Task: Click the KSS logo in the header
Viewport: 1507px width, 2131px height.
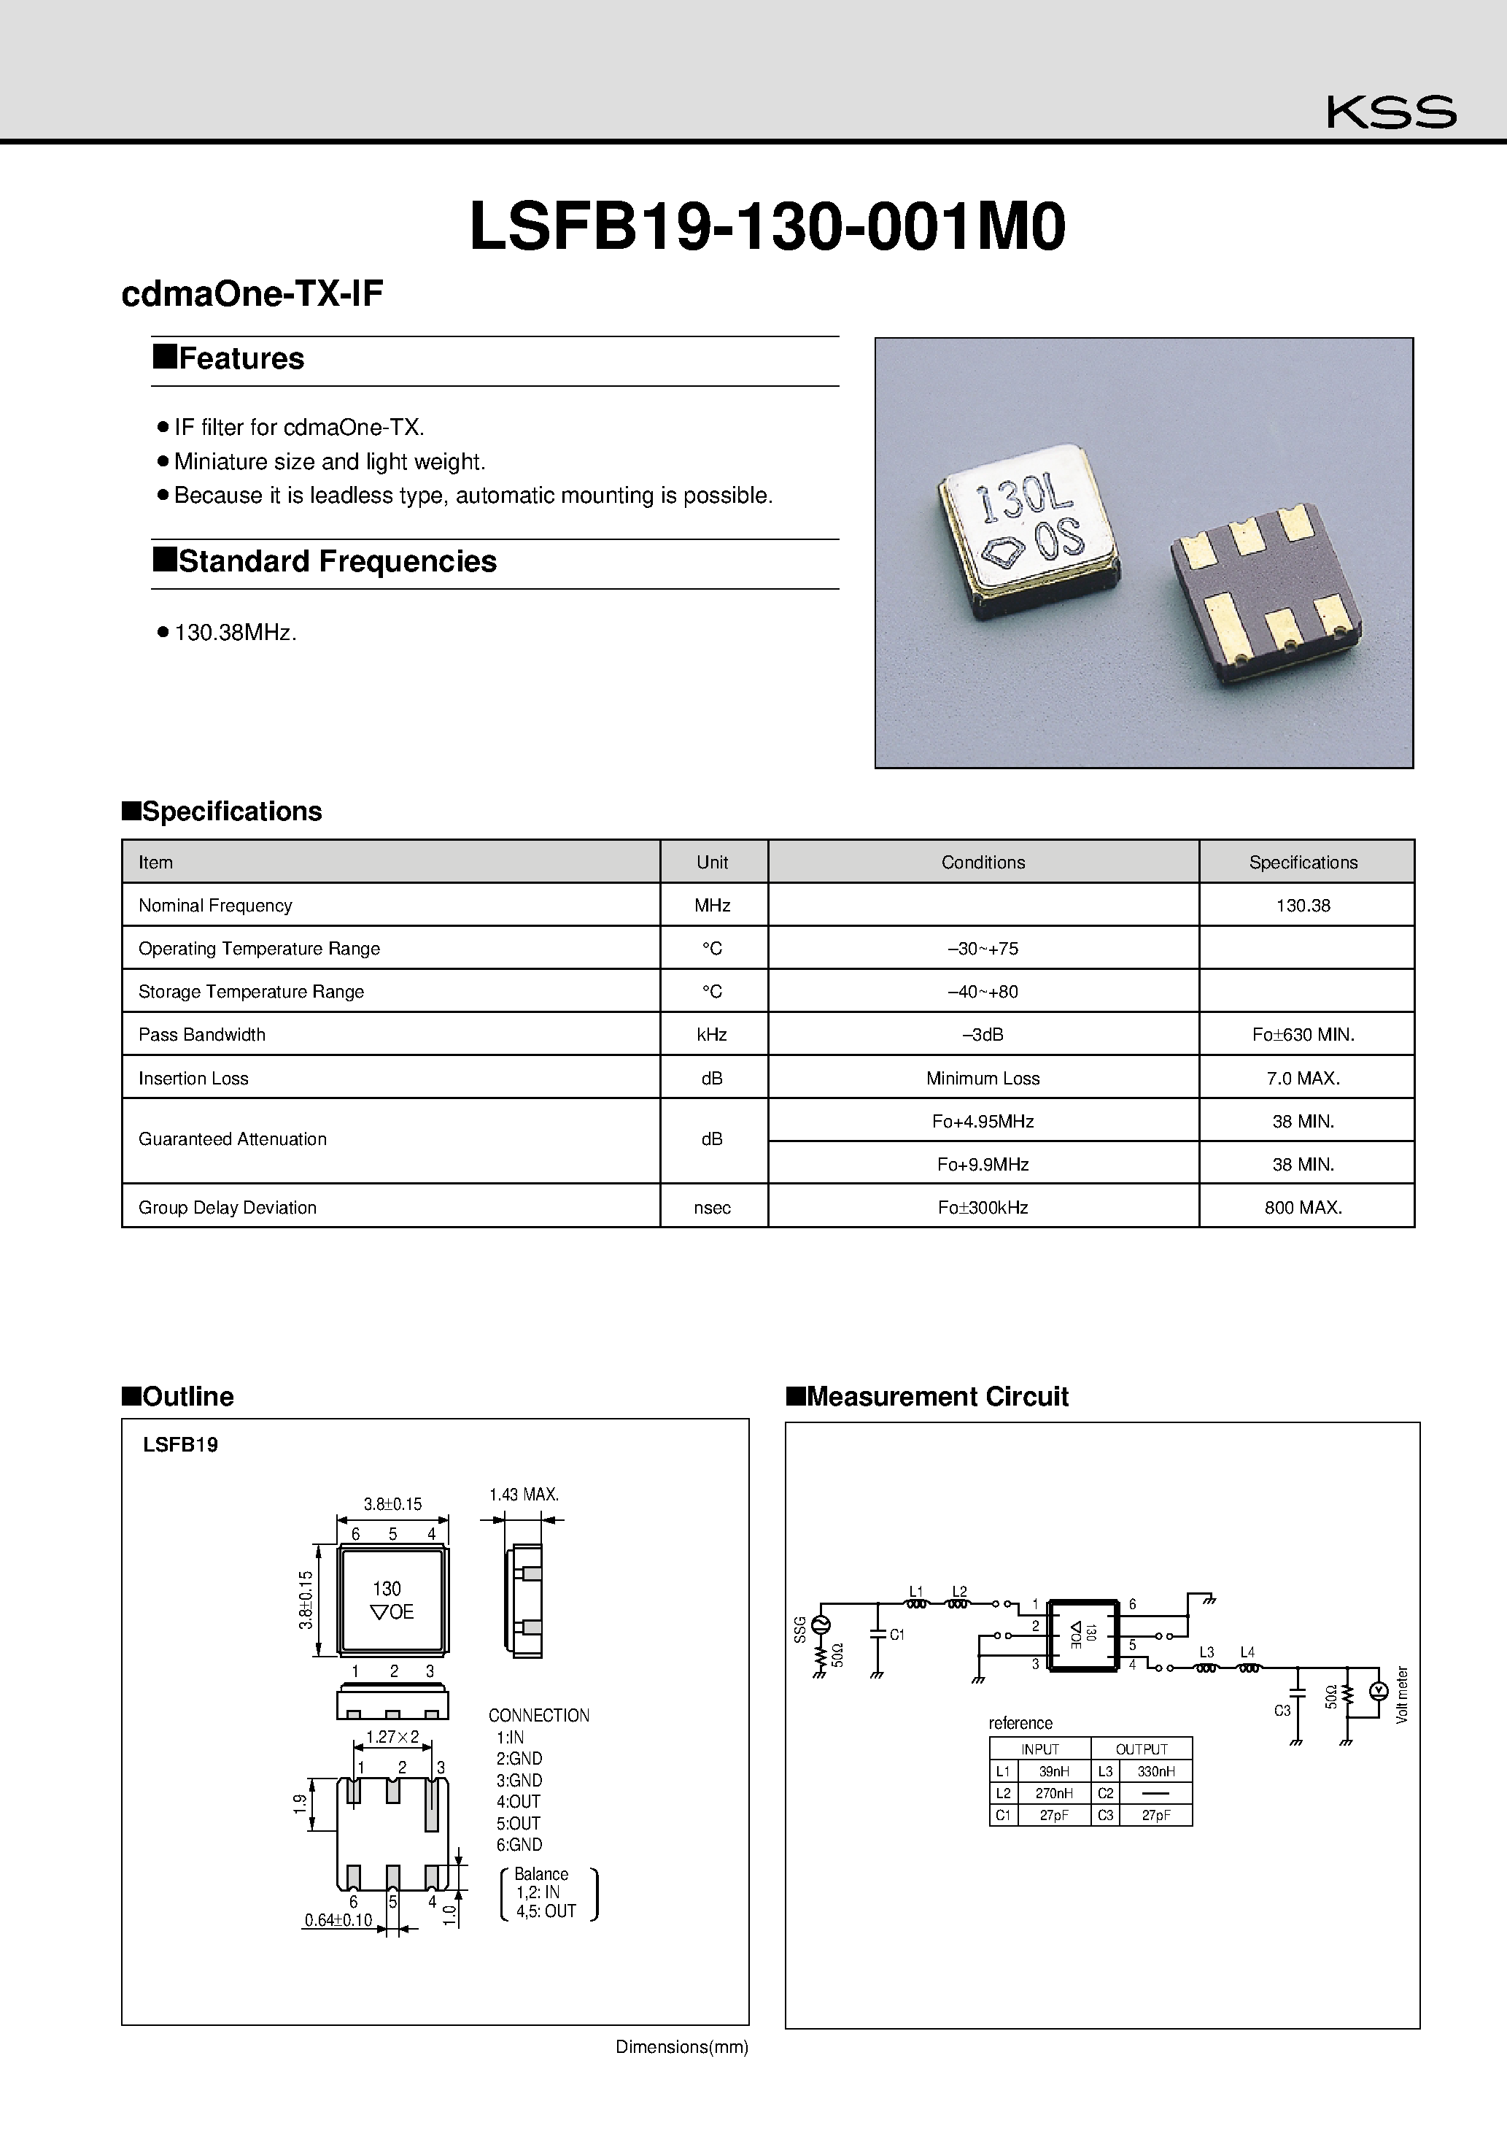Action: click(x=1390, y=112)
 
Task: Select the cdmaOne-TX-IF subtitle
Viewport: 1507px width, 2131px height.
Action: click(x=252, y=293)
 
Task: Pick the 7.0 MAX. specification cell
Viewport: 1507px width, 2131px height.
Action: click(x=1302, y=1079)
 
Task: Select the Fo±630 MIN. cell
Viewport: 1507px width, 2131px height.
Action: click(x=1302, y=1035)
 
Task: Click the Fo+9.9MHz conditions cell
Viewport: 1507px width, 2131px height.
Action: click(x=982, y=1164)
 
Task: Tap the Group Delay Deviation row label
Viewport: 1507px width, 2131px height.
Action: click(x=228, y=1208)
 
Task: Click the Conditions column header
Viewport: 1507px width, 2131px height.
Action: click(x=982, y=862)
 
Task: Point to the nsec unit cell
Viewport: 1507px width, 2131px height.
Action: click(x=712, y=1208)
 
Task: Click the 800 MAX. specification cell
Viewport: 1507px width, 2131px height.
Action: click(x=1302, y=1208)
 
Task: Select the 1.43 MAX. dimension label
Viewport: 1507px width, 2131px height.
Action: click(x=524, y=1495)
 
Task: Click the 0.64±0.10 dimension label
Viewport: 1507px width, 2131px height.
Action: click(x=338, y=1920)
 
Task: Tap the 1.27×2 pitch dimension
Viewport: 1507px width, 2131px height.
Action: click(x=392, y=1736)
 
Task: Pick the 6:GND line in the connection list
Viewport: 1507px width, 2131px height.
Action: click(x=519, y=1844)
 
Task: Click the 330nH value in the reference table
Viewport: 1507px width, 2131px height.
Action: click(x=1155, y=1771)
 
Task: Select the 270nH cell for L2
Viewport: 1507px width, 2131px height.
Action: click(x=1053, y=1793)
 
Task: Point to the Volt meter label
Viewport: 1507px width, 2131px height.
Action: click(x=1402, y=1695)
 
